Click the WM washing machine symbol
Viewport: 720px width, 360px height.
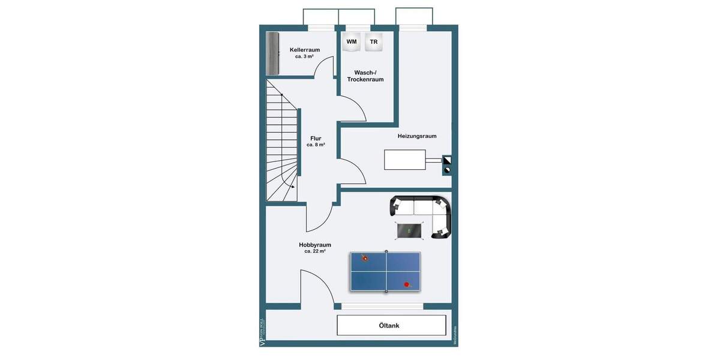351,42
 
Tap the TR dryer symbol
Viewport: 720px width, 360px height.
374,42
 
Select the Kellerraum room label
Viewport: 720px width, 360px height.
304,50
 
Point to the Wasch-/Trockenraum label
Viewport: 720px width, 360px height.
365,76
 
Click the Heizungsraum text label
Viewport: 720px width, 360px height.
417,136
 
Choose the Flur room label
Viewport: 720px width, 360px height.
316,139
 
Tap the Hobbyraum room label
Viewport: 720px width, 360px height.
315,245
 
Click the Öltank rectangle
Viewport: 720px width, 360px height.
391,326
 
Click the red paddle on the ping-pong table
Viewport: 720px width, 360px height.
407,284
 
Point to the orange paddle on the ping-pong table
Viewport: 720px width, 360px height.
364,258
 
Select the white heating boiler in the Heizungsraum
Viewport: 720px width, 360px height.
405,160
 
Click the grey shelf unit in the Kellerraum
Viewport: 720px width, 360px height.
274,53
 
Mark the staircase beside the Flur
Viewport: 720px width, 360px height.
281,141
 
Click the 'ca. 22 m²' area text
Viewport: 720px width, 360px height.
315,251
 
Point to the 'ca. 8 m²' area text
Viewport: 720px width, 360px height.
316,145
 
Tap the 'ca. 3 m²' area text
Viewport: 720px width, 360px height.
304,56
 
